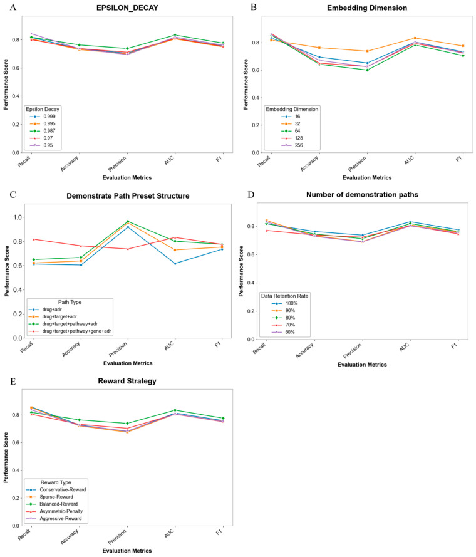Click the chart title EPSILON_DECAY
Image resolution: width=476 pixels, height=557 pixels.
pos(127,8)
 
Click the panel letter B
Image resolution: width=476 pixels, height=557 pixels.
pos(253,7)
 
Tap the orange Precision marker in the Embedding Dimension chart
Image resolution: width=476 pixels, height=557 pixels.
pos(367,51)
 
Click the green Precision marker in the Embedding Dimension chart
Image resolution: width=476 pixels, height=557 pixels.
pos(367,70)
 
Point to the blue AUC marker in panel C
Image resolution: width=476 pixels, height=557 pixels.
pos(175,264)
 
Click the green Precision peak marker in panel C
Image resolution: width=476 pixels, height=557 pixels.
pos(128,221)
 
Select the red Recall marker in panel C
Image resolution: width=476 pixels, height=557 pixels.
pos(33,239)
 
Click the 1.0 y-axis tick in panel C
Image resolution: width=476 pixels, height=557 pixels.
pos(18,217)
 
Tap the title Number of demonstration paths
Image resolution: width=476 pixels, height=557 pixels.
pos(362,195)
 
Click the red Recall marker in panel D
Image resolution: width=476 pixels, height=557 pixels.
pos(266,231)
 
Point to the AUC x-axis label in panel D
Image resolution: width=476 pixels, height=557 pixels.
pos(404,347)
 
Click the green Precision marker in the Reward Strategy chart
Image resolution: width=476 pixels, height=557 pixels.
pos(127,424)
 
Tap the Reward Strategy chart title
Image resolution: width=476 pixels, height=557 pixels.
pos(127,381)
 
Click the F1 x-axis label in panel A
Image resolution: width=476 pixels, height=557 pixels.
pos(219,159)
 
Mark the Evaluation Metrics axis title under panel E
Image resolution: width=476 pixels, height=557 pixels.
pos(127,551)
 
